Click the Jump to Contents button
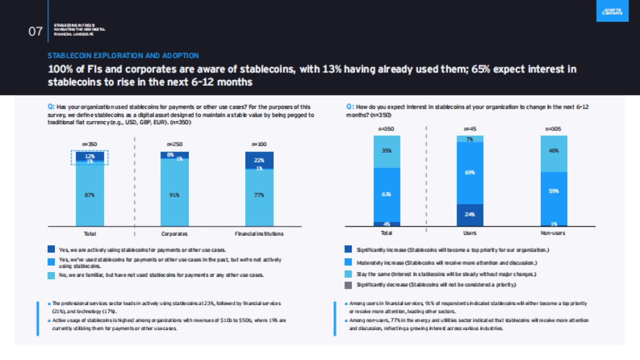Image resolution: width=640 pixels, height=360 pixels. pos(609,11)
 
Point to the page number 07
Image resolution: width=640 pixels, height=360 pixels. pos(35,31)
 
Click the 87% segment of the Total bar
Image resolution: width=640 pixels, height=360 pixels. pos(90,195)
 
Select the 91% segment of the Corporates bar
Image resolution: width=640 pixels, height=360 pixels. pos(174,195)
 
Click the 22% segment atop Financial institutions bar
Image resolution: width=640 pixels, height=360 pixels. pos(259,160)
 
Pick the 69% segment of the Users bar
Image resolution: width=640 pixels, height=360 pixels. pos(470,173)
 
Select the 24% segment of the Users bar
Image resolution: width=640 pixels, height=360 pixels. pos(470,215)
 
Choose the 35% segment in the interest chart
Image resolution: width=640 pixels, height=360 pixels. pos(387,151)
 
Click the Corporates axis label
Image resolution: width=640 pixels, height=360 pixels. pos(174,234)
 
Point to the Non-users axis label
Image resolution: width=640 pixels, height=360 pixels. pos(555,234)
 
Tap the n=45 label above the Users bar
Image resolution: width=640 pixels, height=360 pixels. pos(470,129)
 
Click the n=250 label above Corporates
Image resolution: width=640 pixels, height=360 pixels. pos(174,144)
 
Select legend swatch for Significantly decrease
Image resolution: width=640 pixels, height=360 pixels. pos(348,285)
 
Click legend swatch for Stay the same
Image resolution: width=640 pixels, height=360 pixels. pos(348,274)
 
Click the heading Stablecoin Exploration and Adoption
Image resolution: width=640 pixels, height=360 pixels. pos(123,55)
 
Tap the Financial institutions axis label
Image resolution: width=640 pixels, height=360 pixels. pos(259,234)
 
